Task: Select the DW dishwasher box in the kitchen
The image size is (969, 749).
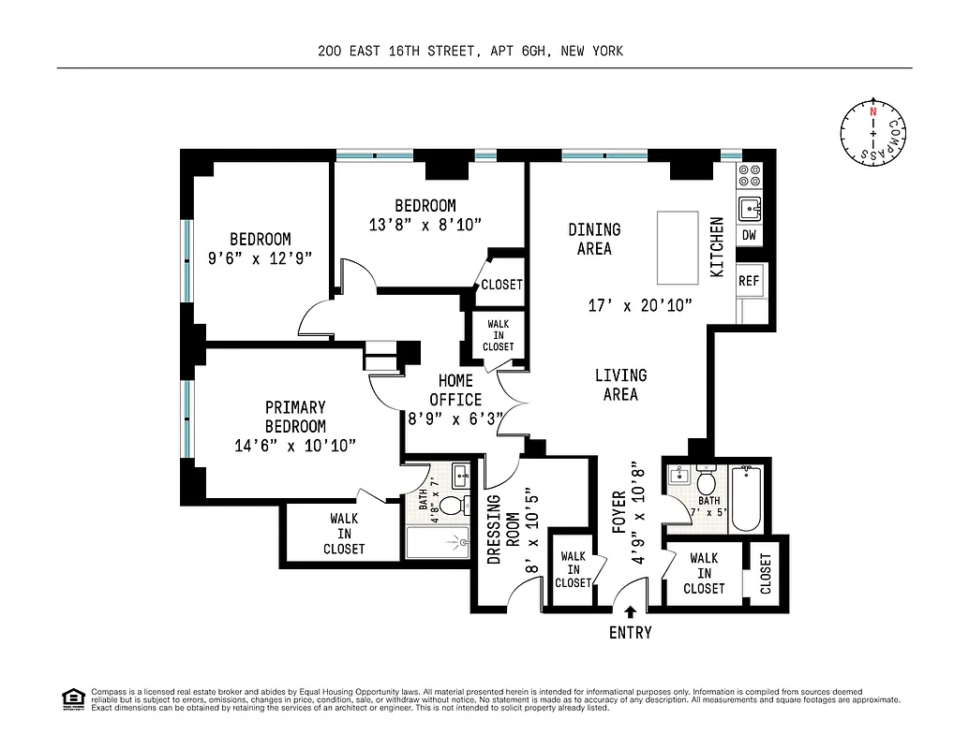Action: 749,235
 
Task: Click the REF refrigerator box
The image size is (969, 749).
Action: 749,280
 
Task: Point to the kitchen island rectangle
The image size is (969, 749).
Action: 678,247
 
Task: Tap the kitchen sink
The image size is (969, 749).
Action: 750,208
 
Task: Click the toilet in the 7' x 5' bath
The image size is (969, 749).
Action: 707,482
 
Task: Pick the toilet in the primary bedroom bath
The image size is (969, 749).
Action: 452,507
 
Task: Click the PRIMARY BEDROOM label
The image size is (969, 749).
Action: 295,417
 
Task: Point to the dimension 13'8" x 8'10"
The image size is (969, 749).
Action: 425,225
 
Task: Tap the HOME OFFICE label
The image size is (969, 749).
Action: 456,390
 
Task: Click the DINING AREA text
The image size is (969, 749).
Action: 594,239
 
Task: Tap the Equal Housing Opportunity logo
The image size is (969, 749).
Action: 73,698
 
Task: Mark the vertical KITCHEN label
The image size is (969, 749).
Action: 717,247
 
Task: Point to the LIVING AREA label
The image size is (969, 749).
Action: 620,385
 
